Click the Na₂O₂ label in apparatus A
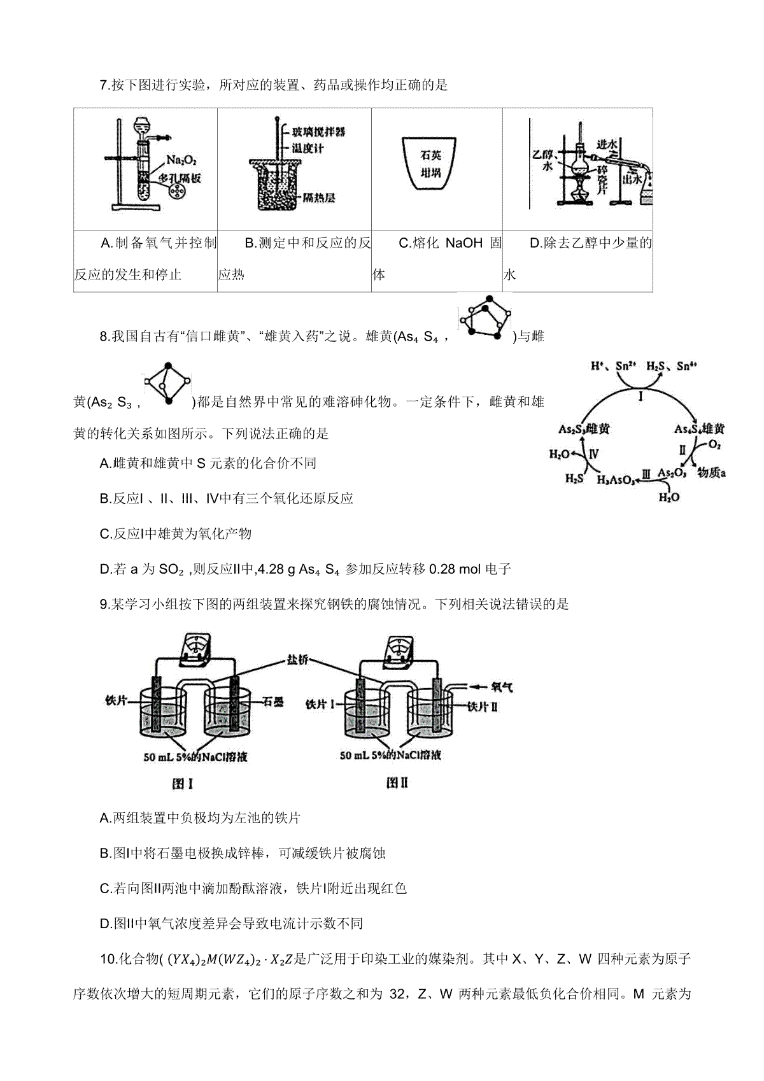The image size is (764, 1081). (x=181, y=160)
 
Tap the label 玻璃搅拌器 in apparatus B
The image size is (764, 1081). (x=318, y=132)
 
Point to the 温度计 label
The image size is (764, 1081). (x=308, y=148)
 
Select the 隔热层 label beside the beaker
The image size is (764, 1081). (x=319, y=197)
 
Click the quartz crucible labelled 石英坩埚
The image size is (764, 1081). (x=429, y=163)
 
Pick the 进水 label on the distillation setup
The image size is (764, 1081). (x=607, y=145)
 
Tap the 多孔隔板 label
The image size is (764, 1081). (x=180, y=178)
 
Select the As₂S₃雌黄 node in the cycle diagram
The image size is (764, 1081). (x=583, y=428)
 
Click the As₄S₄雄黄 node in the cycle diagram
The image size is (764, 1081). (x=699, y=428)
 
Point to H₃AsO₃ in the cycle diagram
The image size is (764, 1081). (x=616, y=479)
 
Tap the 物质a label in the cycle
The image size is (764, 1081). (x=712, y=472)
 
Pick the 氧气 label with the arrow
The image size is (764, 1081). (x=502, y=687)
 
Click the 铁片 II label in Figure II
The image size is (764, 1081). (x=483, y=707)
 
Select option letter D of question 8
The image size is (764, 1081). (x=104, y=569)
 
